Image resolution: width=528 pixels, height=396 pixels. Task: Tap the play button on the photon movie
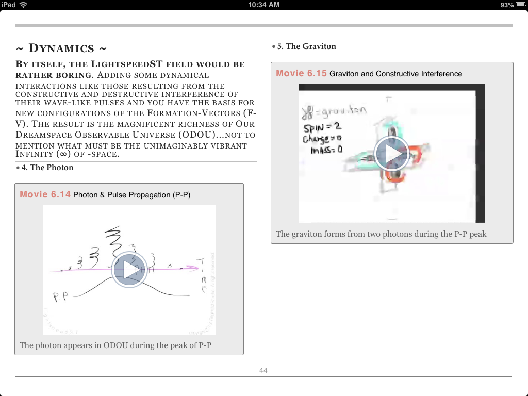tap(129, 270)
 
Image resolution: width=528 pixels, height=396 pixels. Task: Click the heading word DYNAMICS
tap(61, 48)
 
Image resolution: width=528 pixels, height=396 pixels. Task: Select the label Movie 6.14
tap(45, 194)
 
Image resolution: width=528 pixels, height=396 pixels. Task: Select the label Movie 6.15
tap(301, 73)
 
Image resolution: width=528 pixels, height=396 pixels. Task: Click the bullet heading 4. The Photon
tap(47, 168)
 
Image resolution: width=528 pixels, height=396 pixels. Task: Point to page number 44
tap(263, 370)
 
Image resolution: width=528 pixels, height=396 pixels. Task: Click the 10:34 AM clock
tap(263, 5)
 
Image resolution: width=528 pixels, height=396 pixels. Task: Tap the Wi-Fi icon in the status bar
tap(23, 5)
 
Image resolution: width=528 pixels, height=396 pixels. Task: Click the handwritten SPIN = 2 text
tap(323, 128)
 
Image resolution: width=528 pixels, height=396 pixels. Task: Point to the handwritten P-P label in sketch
tap(61, 297)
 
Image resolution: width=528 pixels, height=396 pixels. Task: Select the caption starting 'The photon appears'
tap(115, 345)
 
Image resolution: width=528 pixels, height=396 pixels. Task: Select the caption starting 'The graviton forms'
tap(381, 234)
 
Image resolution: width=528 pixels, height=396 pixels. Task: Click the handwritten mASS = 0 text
tap(327, 150)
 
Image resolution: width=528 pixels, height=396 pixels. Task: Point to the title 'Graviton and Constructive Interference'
tap(395, 74)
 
